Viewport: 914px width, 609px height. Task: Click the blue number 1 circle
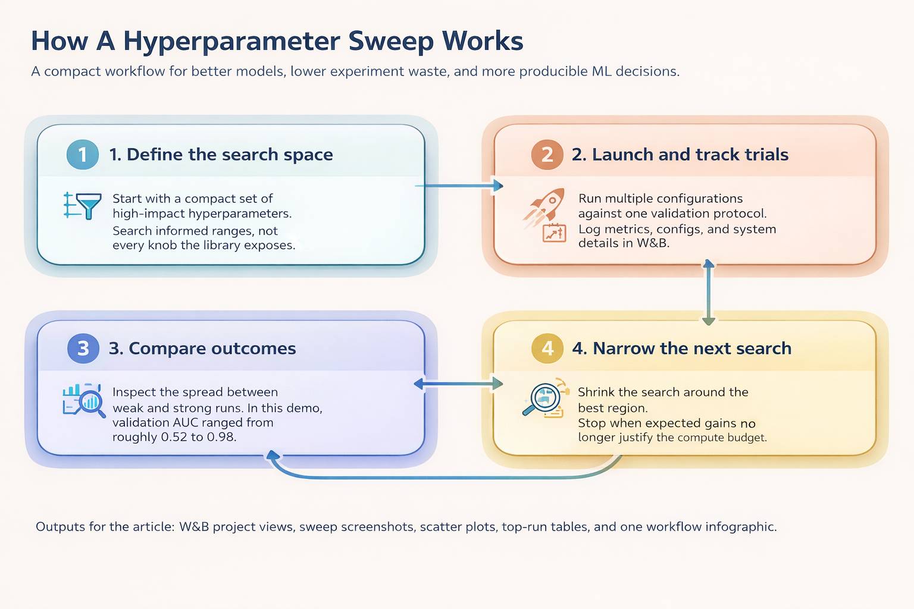pyautogui.click(x=83, y=154)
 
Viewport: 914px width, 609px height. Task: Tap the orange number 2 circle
pyautogui.click(x=547, y=154)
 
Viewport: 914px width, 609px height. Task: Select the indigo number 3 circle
pyautogui.click(x=83, y=348)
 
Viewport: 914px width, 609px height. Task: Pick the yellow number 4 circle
pyautogui.click(x=547, y=348)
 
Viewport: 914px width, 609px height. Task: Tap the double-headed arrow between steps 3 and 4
pyautogui.click(x=458, y=384)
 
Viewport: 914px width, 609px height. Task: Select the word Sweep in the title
pyautogui.click(x=391, y=41)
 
